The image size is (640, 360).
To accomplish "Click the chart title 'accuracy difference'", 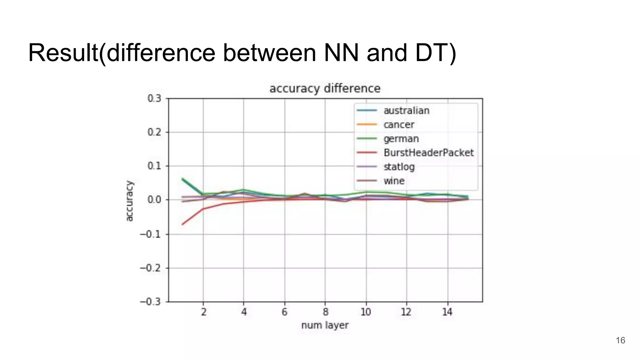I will click(325, 88).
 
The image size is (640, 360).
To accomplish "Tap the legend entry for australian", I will click(406, 111).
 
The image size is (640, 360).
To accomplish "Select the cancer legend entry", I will click(399, 125).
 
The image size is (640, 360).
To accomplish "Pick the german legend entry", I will click(401, 139).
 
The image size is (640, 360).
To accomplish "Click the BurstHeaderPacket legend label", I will click(428, 153).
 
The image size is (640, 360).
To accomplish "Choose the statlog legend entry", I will click(399, 167).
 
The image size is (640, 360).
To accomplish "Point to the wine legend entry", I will click(394, 181).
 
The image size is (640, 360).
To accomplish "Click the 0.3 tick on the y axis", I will click(154, 98).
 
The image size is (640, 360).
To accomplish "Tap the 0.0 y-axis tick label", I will click(154, 200).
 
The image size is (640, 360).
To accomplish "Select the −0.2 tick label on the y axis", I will click(150, 268).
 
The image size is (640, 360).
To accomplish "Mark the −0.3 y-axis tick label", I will click(150, 302).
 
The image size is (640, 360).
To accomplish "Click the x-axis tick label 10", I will click(366, 312).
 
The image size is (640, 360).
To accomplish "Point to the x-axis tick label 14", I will click(447, 312).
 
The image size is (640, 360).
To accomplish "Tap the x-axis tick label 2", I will click(203, 312).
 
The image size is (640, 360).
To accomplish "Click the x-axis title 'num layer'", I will click(325, 325).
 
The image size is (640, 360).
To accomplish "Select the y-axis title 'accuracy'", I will click(129, 201).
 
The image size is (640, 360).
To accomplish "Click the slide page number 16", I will click(620, 340).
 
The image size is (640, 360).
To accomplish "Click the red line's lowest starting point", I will click(182, 224).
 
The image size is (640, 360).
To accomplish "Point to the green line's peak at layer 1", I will click(182, 179).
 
